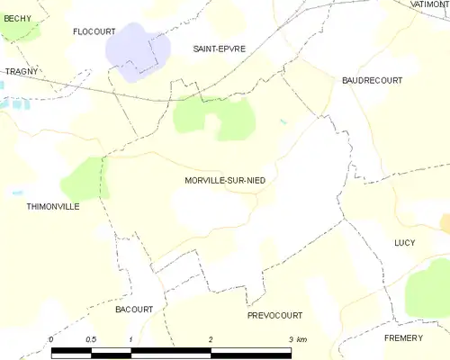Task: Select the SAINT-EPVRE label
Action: pyautogui.click(x=220, y=48)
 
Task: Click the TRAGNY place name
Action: pyautogui.click(x=19, y=71)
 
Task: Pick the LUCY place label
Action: pyautogui.click(x=405, y=243)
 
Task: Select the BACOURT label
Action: pyautogui.click(x=134, y=309)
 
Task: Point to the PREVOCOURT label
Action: pyautogui.click(x=274, y=316)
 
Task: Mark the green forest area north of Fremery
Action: pyautogui.click(x=428, y=290)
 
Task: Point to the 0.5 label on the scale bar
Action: pyautogui.click(x=91, y=338)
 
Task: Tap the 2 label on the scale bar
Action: pyautogui.click(x=211, y=338)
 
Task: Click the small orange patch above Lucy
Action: pyautogui.click(x=445, y=223)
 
